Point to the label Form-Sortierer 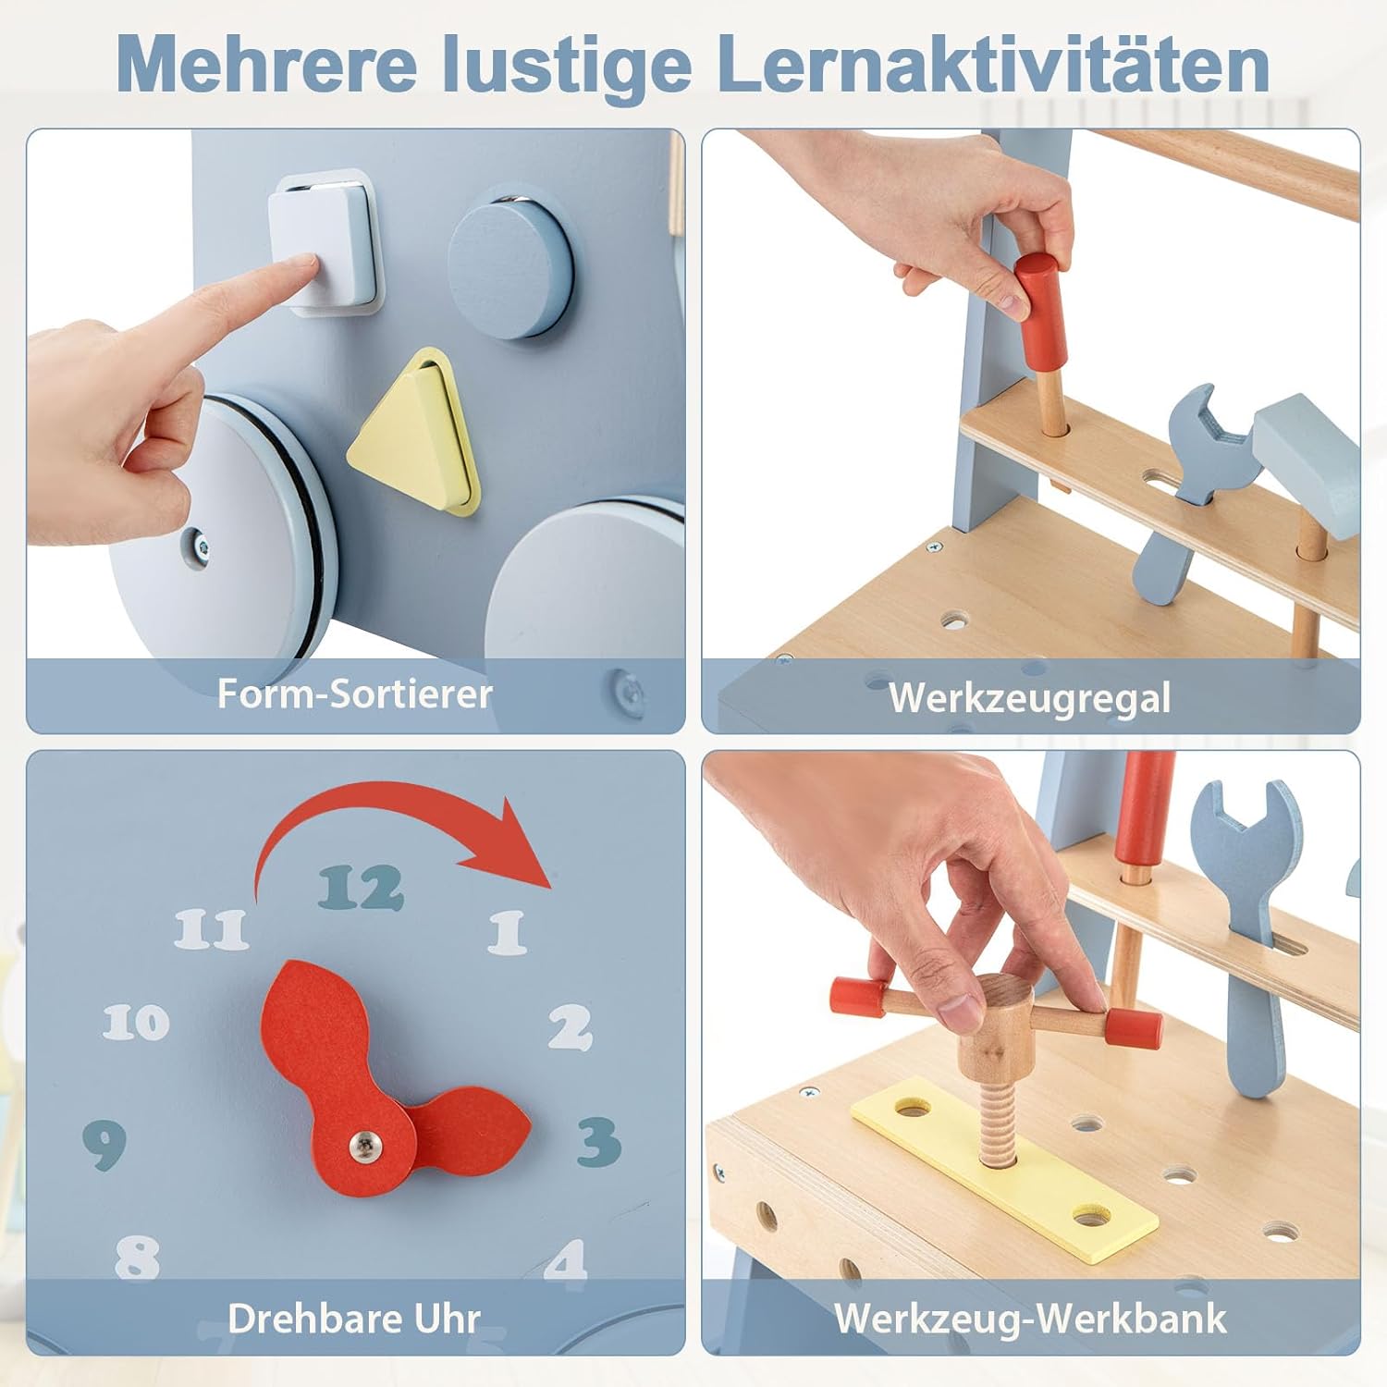(x=354, y=693)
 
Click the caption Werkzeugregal (x=1029, y=698)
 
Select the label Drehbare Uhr (x=354, y=1318)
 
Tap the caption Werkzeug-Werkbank (x=1030, y=1318)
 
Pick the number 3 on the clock (x=598, y=1141)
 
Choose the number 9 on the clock (x=104, y=1145)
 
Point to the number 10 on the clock (x=136, y=1022)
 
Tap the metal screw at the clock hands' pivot (x=365, y=1147)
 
